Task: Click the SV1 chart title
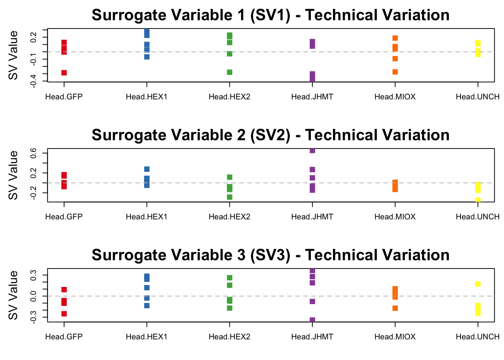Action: click(x=270, y=15)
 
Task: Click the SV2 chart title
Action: click(x=270, y=135)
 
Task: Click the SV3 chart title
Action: click(x=270, y=255)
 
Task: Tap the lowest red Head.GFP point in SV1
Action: click(x=64, y=73)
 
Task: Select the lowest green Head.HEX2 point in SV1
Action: click(x=229, y=72)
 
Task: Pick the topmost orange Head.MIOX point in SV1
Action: click(x=395, y=38)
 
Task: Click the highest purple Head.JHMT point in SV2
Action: click(x=312, y=151)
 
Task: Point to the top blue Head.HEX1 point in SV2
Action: click(x=147, y=169)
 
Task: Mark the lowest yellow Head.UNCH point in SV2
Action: click(x=478, y=199)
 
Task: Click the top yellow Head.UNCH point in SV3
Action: click(x=478, y=283)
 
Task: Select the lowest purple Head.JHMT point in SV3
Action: click(x=312, y=320)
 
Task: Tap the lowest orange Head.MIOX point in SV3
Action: click(x=395, y=308)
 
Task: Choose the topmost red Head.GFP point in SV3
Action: click(x=64, y=289)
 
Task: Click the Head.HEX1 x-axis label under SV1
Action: click(x=147, y=97)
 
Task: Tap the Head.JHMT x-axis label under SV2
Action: click(x=312, y=217)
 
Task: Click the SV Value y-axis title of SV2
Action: click(x=13, y=175)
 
